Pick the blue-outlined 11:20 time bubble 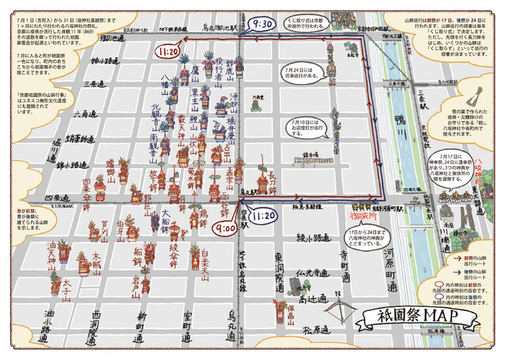coord(265,214)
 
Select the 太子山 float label coord(68,289)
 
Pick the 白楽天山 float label coord(204,265)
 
